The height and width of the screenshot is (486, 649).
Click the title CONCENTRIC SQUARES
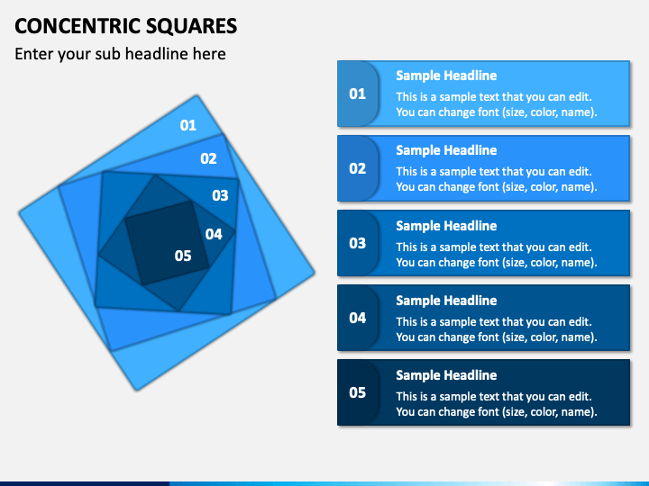[x=126, y=24]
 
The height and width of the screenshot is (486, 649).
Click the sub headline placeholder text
[x=120, y=54]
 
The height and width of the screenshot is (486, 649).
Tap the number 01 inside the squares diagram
[x=188, y=125]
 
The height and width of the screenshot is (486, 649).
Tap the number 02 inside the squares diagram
[x=208, y=158]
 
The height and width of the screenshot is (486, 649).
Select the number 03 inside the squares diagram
[x=220, y=194]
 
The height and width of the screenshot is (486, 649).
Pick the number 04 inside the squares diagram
[x=214, y=234]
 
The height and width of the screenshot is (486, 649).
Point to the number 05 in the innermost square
[x=183, y=256]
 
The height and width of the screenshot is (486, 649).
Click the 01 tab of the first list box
[x=358, y=94]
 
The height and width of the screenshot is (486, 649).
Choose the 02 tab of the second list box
[x=358, y=168]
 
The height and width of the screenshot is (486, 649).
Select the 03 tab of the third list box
[x=358, y=243]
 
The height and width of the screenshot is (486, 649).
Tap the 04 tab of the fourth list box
[x=358, y=318]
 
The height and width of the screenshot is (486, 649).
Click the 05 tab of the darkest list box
[x=358, y=392]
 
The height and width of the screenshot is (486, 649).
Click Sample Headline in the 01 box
[x=446, y=76]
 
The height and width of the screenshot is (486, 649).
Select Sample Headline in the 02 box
[x=446, y=150]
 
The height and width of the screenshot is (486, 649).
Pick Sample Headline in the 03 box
[x=446, y=226]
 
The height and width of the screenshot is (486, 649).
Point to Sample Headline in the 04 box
[x=446, y=301]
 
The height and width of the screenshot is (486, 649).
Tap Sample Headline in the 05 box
[x=446, y=375]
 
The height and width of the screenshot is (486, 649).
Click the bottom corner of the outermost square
[x=137, y=389]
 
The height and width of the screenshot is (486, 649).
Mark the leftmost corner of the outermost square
[x=20, y=214]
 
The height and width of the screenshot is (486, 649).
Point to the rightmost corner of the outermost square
[x=315, y=272]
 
